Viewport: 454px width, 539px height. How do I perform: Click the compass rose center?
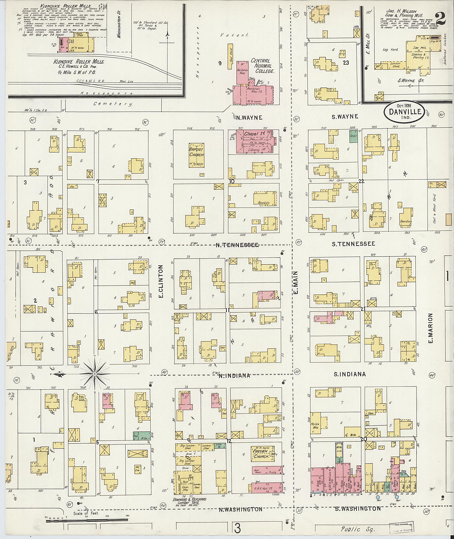94,374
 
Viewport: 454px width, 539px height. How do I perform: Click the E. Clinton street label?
161,282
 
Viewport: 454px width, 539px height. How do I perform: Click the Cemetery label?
113,104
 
